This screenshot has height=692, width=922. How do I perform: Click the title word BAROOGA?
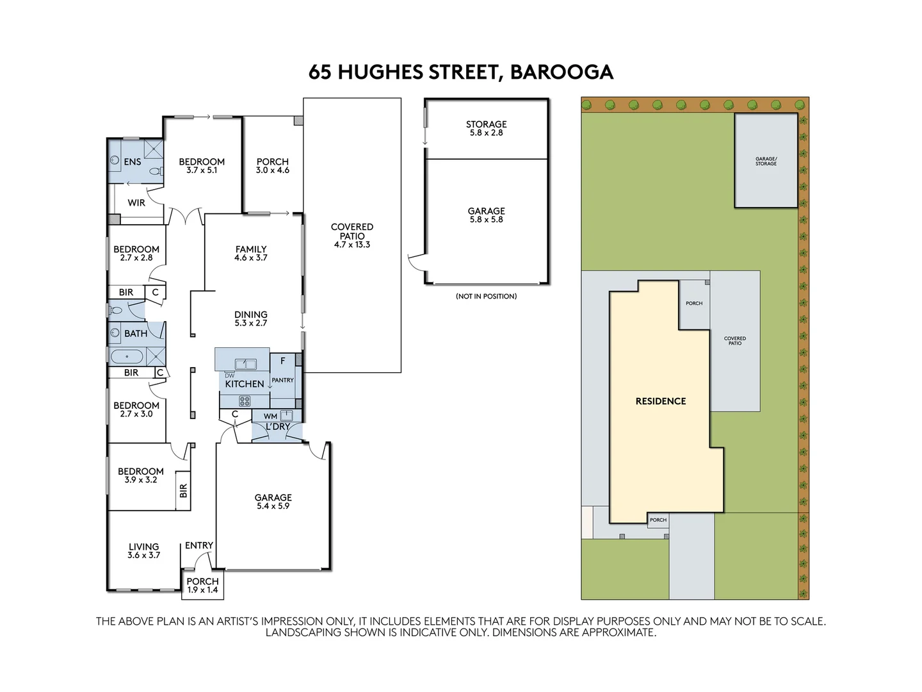click(561, 72)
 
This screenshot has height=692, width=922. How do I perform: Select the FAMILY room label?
click(250, 249)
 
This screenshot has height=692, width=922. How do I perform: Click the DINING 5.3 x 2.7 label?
click(250, 318)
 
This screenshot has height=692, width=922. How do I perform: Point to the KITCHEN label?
click(244, 384)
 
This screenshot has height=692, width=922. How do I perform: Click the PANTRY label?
click(282, 380)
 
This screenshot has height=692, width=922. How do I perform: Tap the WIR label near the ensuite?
click(136, 202)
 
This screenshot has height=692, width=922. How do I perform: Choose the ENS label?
click(133, 161)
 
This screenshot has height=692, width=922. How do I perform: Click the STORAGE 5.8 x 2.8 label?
click(486, 128)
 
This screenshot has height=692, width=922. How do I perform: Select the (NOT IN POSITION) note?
click(486, 296)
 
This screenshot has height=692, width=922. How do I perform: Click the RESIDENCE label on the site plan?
click(660, 401)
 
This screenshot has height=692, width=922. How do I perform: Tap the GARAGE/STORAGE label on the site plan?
click(766, 161)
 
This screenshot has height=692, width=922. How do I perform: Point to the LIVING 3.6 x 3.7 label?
click(143, 551)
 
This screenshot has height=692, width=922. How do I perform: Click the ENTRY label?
click(198, 545)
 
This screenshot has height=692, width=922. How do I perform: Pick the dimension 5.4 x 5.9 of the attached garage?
click(273, 506)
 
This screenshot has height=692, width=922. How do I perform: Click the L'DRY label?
click(278, 426)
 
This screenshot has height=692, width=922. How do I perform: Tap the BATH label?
click(136, 333)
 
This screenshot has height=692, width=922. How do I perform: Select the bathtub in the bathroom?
click(127, 356)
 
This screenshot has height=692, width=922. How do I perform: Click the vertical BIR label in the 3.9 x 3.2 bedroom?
click(183, 491)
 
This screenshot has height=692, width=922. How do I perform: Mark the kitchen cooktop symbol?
click(244, 401)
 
